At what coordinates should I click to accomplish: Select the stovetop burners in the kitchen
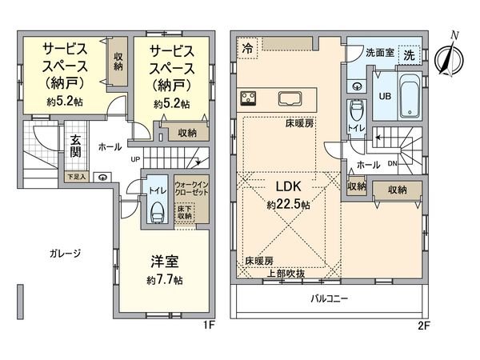[x=248, y=99]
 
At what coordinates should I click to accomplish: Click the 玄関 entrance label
[x=75, y=146]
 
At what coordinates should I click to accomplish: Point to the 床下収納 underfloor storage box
[x=186, y=212]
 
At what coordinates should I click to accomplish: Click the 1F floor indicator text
[x=210, y=326]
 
